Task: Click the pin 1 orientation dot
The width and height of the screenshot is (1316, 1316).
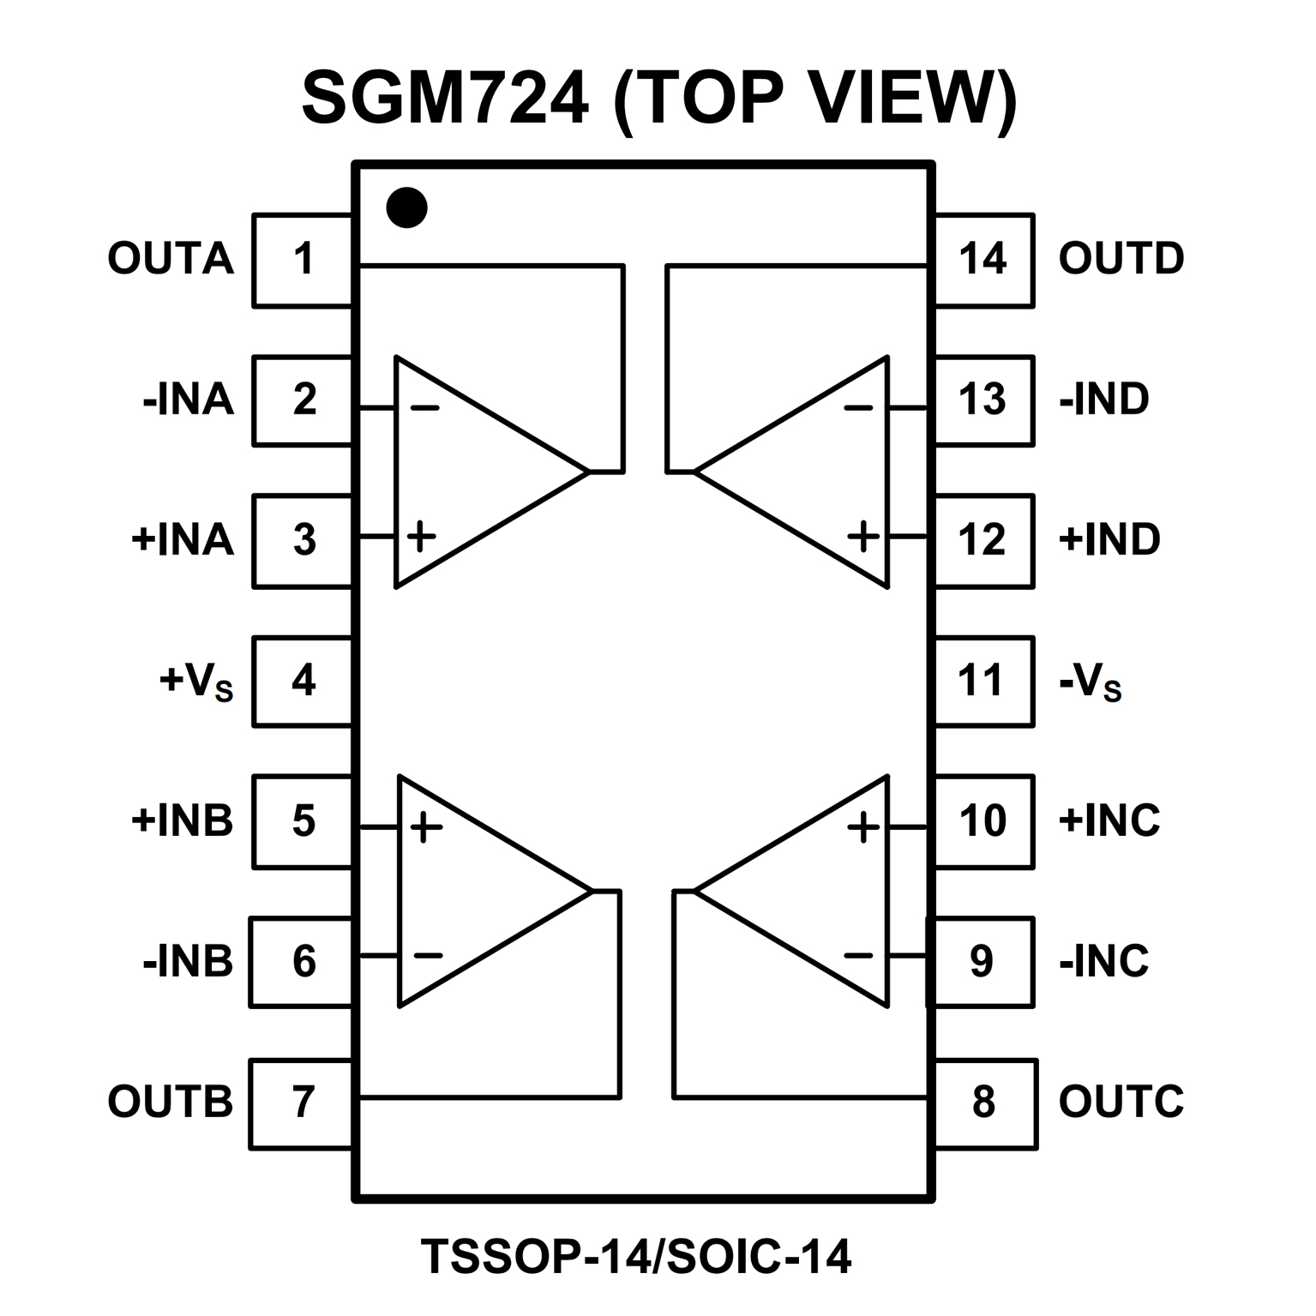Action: pos(406,207)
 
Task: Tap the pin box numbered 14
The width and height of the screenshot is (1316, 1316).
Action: pos(982,259)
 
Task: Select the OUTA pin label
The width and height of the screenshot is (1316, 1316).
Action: pos(171,258)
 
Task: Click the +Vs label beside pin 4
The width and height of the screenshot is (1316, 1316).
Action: pos(196,682)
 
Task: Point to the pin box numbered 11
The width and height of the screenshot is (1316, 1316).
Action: pos(982,681)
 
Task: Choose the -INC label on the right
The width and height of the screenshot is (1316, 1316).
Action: pos(1104,961)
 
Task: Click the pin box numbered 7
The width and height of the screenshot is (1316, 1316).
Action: pos(302,1103)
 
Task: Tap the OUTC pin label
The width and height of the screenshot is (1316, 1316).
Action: pos(1121,1102)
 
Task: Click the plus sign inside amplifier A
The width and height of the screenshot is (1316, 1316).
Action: pos(421,537)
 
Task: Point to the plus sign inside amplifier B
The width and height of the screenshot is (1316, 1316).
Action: pos(426,827)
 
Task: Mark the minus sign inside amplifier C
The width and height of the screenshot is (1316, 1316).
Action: pos(859,955)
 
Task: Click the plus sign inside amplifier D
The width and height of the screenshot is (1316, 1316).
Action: pos(862,537)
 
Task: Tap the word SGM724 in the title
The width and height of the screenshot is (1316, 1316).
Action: pos(446,99)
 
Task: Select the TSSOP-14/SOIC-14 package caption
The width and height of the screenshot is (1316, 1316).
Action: pos(636,1256)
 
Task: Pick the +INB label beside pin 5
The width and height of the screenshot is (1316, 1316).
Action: pos(182,820)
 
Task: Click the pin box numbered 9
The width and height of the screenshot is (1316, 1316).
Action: pos(982,961)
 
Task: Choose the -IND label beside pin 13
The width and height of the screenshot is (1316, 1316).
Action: pos(1104,400)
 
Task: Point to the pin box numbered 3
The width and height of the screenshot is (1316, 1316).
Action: pos(303,540)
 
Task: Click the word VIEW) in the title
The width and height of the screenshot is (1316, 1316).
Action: pos(912,99)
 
